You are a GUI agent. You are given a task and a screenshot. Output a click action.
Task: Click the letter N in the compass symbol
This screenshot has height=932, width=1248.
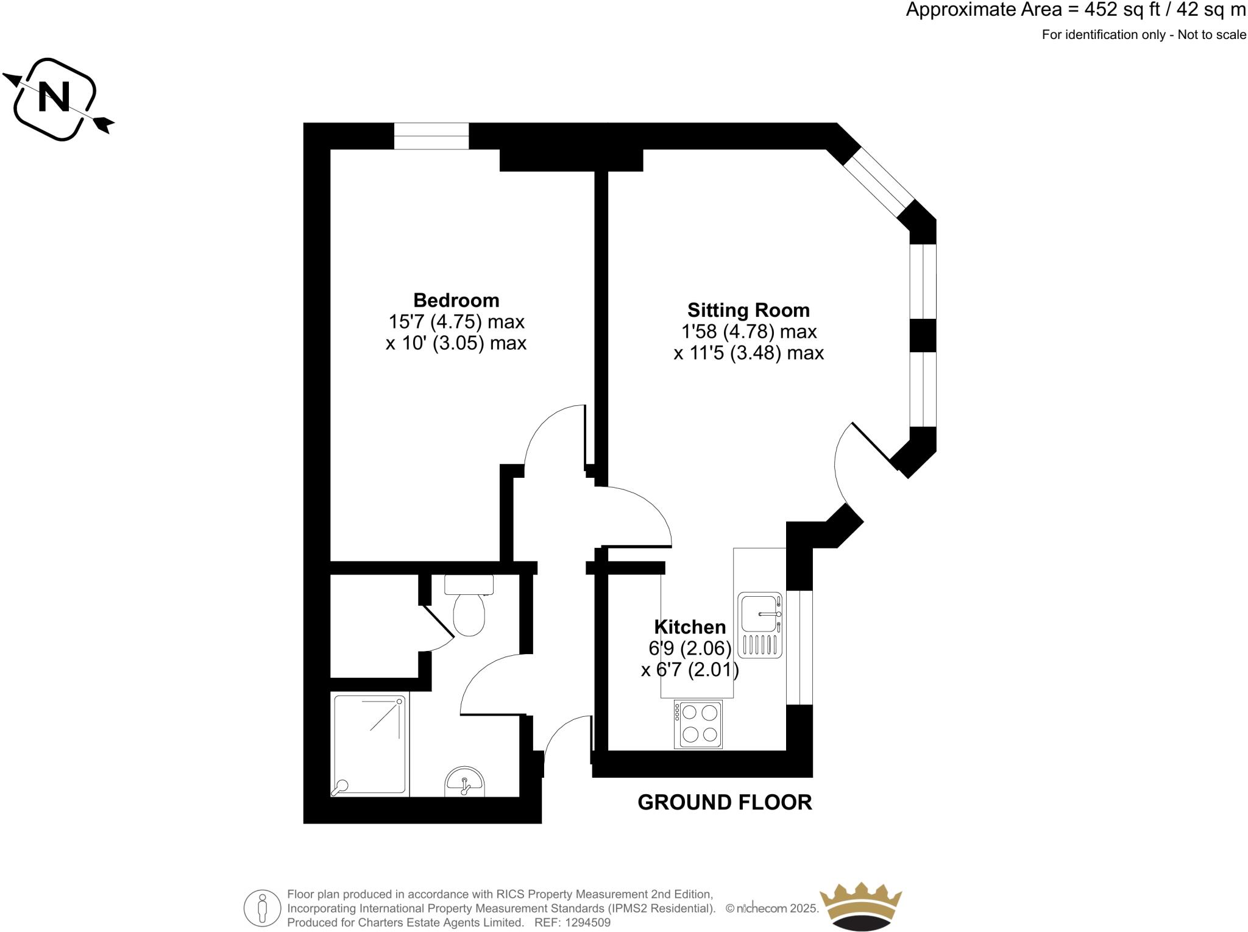(x=54, y=98)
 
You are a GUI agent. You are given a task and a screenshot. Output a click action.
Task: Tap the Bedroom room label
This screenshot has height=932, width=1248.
(x=456, y=301)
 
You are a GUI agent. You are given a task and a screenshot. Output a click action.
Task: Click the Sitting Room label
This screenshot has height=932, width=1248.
(x=748, y=310)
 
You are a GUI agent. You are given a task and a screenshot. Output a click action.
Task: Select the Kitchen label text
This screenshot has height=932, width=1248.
(x=690, y=627)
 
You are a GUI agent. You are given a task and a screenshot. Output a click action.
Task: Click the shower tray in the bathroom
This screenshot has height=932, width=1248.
(x=369, y=745)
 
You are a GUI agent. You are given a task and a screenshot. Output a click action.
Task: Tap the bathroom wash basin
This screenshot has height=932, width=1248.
(x=464, y=782)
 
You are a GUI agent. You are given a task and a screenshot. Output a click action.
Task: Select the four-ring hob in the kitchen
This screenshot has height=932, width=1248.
(x=699, y=724)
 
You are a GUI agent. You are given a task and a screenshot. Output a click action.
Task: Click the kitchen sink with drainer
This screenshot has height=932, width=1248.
(x=760, y=625)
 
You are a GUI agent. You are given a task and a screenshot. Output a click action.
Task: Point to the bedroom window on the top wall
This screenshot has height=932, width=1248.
(x=431, y=136)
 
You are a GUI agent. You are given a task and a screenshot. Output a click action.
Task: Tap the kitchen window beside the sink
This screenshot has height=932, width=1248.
(x=800, y=647)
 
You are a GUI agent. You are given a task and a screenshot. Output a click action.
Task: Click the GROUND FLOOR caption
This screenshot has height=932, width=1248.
(x=725, y=802)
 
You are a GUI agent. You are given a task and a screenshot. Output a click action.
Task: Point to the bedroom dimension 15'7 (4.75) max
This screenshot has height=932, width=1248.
(x=456, y=321)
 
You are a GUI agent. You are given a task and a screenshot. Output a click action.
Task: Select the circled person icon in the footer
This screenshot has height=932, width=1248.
(x=263, y=908)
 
